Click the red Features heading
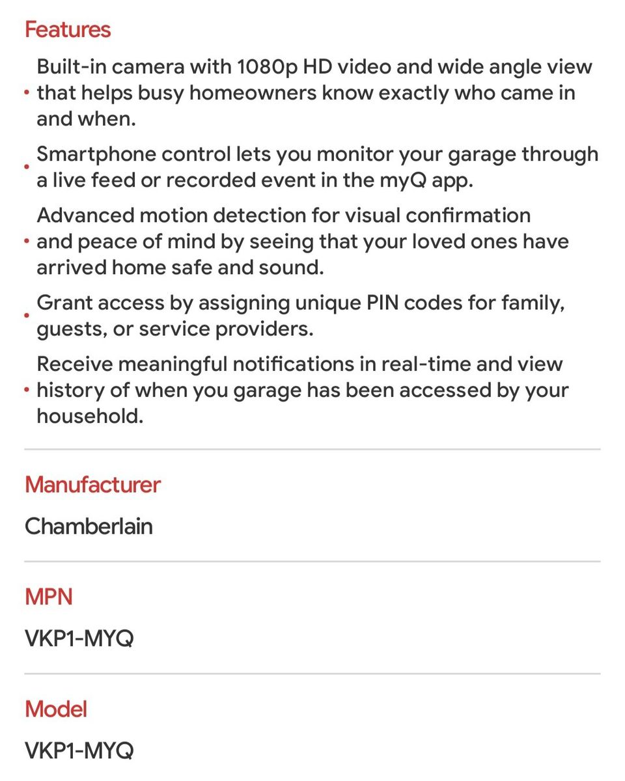(68, 29)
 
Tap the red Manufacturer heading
(92, 484)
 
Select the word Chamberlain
(89, 525)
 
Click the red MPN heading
(49, 597)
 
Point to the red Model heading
(56, 709)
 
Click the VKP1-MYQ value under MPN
(79, 638)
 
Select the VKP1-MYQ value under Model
(79, 750)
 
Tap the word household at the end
(89, 416)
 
